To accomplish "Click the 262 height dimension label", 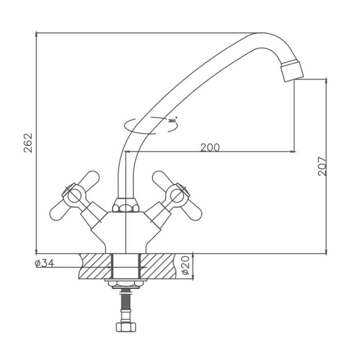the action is click(x=28, y=143).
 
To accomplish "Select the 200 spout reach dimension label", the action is click(x=210, y=148).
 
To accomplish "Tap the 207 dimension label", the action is click(x=322, y=166).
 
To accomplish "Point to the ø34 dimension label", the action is click(x=45, y=263).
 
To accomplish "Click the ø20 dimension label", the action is click(x=185, y=265).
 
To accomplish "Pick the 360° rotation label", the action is click(x=173, y=120).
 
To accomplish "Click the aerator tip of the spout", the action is click(x=292, y=71).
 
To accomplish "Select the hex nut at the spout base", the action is click(x=126, y=205).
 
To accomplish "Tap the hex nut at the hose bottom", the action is click(x=126, y=327).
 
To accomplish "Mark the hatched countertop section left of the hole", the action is click(x=95, y=266).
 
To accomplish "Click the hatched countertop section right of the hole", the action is click(x=158, y=266).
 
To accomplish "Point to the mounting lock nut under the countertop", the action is click(x=126, y=284).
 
